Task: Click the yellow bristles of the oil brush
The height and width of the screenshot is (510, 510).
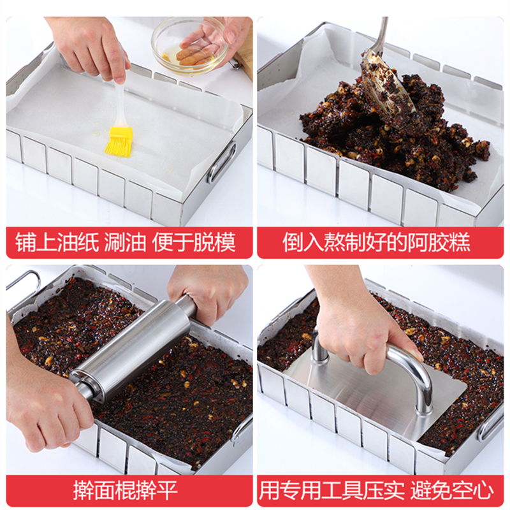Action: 119,143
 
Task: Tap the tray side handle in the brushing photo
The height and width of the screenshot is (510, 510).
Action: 222,162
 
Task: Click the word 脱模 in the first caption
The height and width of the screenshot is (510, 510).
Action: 215,242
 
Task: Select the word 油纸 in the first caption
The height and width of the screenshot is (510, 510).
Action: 78,242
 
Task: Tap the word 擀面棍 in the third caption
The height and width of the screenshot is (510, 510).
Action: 104,490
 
